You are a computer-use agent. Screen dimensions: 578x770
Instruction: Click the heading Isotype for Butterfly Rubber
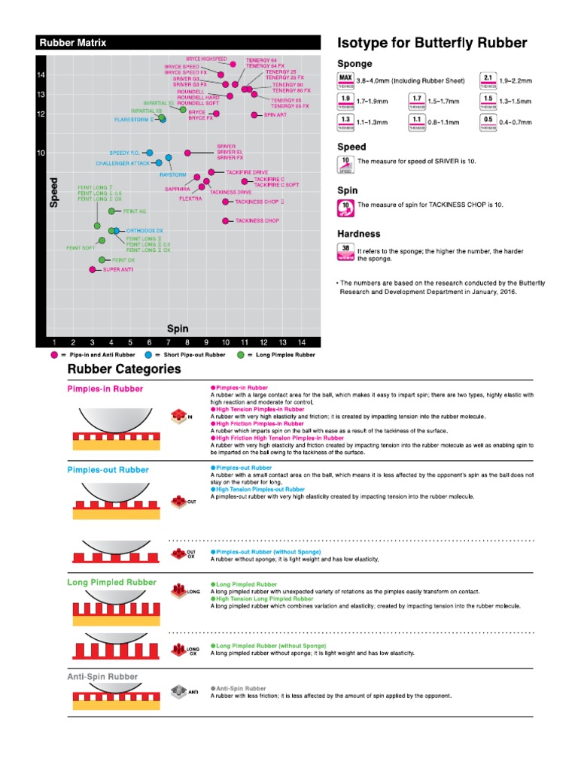coord(432,43)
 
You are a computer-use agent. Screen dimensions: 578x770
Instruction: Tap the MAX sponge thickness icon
coord(345,80)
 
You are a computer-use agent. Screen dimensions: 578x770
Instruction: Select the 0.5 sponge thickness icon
coord(488,122)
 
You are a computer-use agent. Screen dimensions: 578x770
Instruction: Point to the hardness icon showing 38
coord(345,251)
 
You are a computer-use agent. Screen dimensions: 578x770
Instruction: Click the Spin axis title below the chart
coord(178,329)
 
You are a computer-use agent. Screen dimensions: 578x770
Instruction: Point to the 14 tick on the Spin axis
coord(301,342)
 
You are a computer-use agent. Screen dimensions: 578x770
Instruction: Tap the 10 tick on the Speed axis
coord(41,153)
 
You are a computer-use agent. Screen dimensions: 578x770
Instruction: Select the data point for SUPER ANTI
coord(93,269)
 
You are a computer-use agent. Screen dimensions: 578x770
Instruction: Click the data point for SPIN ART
coord(254,115)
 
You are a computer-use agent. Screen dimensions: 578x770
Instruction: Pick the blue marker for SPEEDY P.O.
coord(149,153)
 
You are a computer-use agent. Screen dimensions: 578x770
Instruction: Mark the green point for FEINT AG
coord(111,211)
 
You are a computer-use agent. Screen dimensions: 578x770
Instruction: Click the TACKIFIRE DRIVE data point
coord(211,172)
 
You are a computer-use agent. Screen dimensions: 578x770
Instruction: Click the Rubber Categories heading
coord(124,369)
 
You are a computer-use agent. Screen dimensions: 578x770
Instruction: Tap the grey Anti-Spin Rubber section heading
coord(103,677)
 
